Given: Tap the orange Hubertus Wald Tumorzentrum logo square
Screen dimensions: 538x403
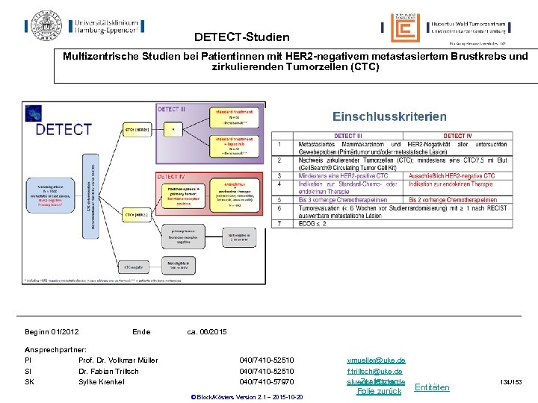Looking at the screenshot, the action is click(x=405, y=28).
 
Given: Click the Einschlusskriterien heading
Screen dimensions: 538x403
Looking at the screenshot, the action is click(x=389, y=116).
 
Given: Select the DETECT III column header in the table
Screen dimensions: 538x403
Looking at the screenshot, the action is click(x=347, y=136).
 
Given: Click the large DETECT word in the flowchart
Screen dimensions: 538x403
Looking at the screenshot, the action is click(x=64, y=130).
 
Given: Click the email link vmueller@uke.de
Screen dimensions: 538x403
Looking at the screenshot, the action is click(x=376, y=360).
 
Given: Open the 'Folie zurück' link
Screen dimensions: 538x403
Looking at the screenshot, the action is click(x=380, y=391).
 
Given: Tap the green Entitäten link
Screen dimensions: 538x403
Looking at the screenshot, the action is click(x=431, y=387).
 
